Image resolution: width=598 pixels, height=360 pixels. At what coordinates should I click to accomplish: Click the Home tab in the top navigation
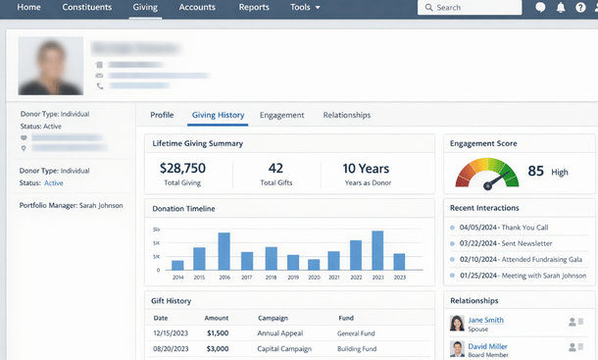click(29, 8)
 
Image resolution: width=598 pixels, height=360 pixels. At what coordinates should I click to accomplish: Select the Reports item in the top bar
click(254, 8)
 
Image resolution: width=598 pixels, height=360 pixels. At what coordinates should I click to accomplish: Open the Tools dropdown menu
click(305, 8)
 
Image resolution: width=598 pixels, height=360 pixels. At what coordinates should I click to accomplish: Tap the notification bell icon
click(560, 8)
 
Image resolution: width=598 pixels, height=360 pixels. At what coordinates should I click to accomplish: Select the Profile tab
click(162, 115)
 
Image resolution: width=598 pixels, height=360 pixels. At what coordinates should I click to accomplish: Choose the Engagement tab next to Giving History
click(281, 115)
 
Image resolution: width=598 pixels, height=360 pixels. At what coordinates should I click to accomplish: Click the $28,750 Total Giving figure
click(182, 169)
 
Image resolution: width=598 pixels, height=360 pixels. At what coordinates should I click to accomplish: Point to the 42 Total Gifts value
click(275, 169)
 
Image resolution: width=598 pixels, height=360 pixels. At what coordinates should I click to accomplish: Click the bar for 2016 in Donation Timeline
click(224, 251)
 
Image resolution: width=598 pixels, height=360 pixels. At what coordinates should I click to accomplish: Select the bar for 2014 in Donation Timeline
click(177, 265)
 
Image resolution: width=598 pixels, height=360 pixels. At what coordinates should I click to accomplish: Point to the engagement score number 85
click(535, 171)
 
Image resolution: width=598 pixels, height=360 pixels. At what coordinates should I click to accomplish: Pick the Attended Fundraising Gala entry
click(521, 259)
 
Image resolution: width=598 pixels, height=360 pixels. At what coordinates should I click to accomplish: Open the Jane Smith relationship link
click(486, 320)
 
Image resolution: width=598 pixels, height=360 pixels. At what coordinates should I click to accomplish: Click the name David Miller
click(488, 346)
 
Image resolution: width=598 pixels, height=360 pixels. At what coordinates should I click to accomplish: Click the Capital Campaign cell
click(284, 349)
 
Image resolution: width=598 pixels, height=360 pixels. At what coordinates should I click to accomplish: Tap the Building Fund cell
click(359, 349)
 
